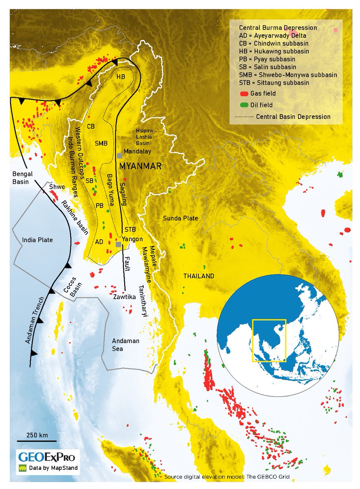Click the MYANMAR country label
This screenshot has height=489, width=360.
(x=140, y=166)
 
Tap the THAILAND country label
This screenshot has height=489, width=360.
(x=199, y=276)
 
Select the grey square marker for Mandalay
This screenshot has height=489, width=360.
(x=119, y=156)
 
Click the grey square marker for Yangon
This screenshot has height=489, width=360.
(x=118, y=244)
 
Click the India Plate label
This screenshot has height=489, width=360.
(x=37, y=240)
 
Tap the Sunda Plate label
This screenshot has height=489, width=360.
(x=180, y=218)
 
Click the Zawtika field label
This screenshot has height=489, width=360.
(x=124, y=297)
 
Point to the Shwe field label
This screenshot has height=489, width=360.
(x=57, y=187)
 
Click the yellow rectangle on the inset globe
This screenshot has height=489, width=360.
(x=269, y=341)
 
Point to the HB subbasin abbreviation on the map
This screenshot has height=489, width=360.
(x=121, y=78)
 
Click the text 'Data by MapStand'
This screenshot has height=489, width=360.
(x=53, y=468)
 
